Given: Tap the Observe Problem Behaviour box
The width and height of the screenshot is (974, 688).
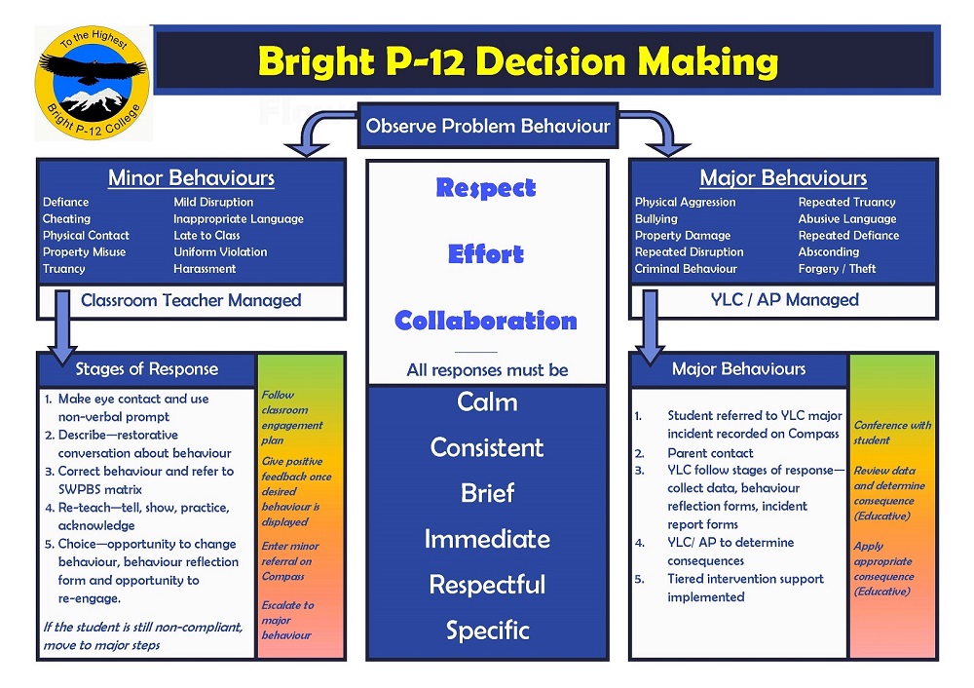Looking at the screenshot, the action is (x=488, y=126).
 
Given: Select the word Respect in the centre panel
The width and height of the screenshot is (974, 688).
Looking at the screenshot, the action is (x=486, y=188).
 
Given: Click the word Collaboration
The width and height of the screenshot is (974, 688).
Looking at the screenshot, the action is (x=486, y=321).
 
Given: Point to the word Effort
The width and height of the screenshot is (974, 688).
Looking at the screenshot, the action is (x=486, y=254).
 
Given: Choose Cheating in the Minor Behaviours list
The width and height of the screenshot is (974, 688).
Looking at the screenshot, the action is (x=66, y=218).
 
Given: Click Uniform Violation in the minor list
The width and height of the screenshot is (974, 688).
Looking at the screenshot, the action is (x=220, y=251).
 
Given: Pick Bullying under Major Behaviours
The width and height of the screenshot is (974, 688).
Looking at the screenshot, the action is (x=656, y=218).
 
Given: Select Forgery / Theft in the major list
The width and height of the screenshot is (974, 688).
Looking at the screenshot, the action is (x=837, y=269).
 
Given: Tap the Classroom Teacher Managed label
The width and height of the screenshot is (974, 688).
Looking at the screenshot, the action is (x=191, y=300).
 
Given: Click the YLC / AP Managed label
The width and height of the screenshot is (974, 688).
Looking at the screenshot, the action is (x=784, y=299).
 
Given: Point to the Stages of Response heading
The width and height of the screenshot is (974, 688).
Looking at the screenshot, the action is (x=147, y=369).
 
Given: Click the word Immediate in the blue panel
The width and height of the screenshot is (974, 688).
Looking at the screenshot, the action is (x=487, y=539).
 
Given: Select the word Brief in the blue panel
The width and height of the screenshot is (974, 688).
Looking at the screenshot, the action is (x=487, y=493).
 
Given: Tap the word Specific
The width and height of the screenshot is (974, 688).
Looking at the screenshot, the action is (x=488, y=631).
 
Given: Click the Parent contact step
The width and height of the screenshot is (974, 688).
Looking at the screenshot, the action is (x=710, y=453).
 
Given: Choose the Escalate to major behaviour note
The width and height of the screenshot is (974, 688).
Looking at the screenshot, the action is (x=287, y=620).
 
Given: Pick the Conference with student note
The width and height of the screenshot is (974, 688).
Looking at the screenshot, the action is (x=892, y=433).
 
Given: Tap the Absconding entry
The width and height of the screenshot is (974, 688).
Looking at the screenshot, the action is (x=829, y=251).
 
